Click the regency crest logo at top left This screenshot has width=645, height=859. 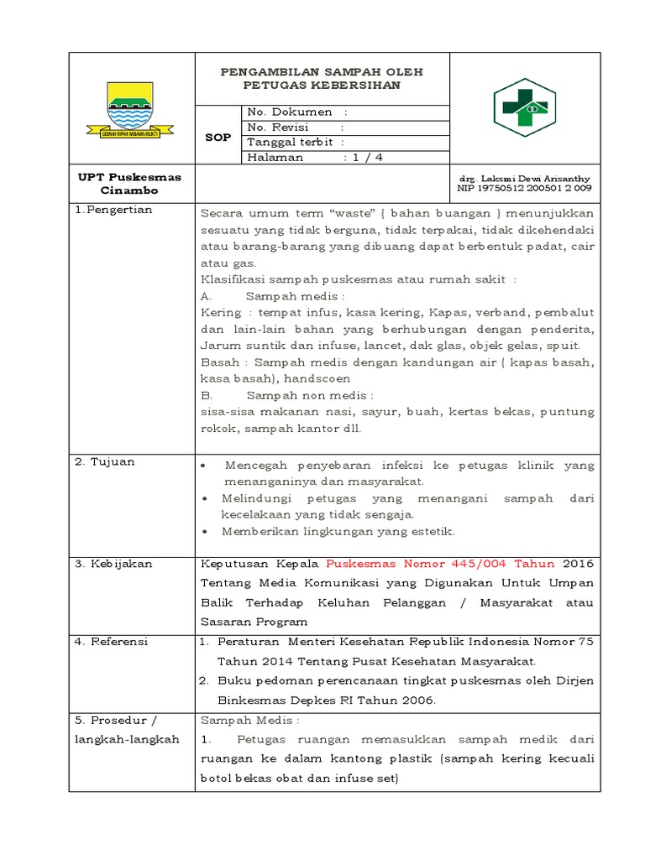pyautogui.click(x=130, y=110)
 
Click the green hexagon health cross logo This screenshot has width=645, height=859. pyautogui.click(x=525, y=107)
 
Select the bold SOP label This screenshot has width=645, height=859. pyautogui.click(x=218, y=137)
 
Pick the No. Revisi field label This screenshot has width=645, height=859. pyautogui.click(x=278, y=127)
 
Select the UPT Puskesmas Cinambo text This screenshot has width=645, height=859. pyautogui.click(x=129, y=184)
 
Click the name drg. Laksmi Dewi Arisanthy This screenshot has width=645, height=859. pyautogui.click(x=523, y=179)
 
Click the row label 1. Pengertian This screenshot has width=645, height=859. pyautogui.click(x=114, y=210)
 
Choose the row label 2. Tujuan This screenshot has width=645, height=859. pyautogui.click(x=104, y=461)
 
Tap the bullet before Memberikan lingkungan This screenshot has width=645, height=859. pyautogui.click(x=206, y=532)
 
